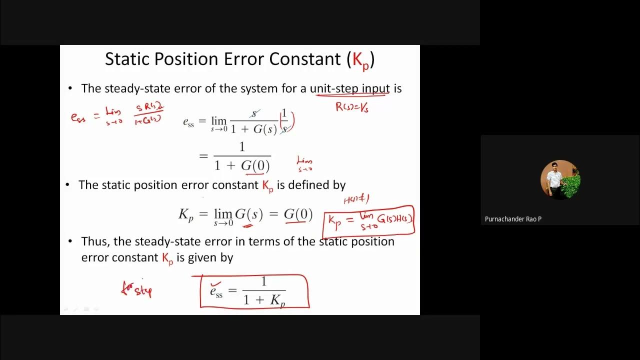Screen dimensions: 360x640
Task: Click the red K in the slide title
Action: pos(357,59)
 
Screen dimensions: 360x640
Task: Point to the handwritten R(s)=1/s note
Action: pos(352,106)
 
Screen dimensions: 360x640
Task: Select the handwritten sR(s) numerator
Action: pos(149,107)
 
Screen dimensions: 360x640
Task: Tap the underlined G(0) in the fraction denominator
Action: pos(255,165)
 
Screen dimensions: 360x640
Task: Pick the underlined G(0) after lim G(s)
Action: pos(298,214)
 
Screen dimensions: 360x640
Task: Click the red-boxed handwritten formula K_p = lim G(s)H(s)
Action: pos(369,220)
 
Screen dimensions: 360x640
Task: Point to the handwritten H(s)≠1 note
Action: pos(356,199)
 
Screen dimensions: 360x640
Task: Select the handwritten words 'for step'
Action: pos(136,289)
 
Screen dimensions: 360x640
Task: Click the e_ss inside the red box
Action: pos(216,291)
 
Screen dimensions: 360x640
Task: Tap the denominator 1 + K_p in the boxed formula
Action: pos(264,300)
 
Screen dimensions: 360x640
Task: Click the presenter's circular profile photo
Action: pos(560,179)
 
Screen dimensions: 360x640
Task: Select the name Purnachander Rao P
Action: pos(513,219)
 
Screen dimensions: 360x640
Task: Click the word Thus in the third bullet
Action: pos(95,241)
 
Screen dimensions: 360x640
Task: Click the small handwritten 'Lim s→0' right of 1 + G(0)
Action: pos(304,163)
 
